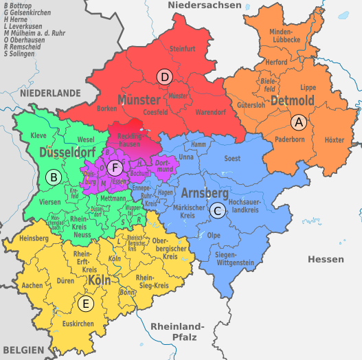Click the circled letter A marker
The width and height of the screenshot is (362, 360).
[x=298, y=122]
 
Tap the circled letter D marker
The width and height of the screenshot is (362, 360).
[x=164, y=77]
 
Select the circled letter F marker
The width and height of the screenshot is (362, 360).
[x=116, y=168]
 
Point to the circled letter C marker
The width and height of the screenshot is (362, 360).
[x=217, y=211]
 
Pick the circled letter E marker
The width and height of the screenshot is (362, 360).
[x=86, y=304]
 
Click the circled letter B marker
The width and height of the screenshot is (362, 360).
[x=52, y=177]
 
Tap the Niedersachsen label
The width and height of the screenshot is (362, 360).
[x=205, y=5]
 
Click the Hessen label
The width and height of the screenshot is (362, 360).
[x=325, y=259]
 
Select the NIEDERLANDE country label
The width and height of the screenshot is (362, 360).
[x=50, y=92]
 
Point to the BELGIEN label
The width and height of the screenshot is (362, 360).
[x=23, y=350]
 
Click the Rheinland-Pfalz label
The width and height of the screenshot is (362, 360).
[x=177, y=331]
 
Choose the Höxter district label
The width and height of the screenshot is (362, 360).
[x=334, y=139]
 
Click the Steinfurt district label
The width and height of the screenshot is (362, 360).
[x=183, y=49]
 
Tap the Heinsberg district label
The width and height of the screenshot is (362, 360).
[x=34, y=238]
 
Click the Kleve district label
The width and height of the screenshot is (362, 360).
[x=38, y=135]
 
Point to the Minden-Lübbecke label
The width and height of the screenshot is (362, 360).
[x=284, y=36]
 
